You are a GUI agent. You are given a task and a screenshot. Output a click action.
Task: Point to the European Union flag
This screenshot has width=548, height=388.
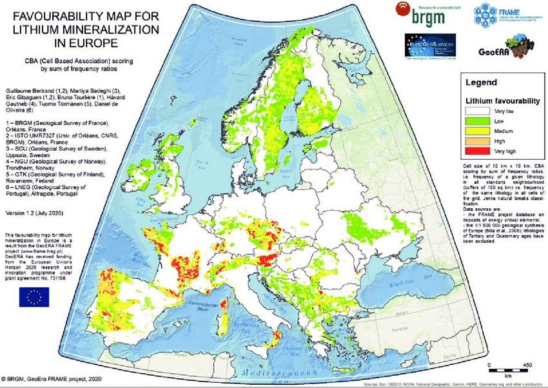pos(34,296)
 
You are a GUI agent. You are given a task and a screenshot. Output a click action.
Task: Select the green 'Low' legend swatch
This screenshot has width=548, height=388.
pos(478,122)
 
